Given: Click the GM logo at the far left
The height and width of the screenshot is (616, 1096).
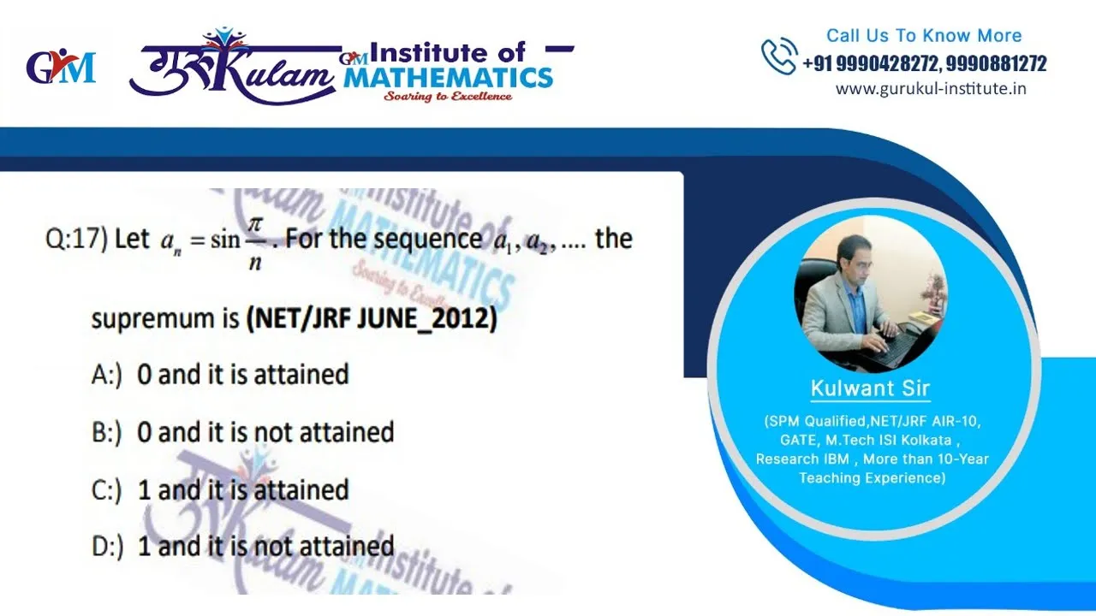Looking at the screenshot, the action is click(x=61, y=68).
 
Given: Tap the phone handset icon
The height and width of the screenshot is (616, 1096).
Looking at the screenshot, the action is click(x=779, y=56).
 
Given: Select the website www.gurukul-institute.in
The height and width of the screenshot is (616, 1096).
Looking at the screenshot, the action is click(x=931, y=89).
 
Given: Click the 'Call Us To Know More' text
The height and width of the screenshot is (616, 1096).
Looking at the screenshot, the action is click(x=924, y=36).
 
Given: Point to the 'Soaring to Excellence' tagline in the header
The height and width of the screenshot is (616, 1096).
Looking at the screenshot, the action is click(x=448, y=96).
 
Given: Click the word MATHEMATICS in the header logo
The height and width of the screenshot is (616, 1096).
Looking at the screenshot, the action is click(x=448, y=78).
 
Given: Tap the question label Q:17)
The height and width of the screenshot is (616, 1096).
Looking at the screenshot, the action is click(x=76, y=240).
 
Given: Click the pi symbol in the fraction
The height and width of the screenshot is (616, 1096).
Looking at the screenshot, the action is click(x=255, y=225).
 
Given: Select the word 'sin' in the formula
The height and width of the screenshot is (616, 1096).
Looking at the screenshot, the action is click(x=225, y=240).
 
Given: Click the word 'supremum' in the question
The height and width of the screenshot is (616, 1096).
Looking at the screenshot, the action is click(x=152, y=320).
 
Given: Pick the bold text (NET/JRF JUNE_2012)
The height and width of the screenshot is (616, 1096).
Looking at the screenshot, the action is click(x=372, y=319).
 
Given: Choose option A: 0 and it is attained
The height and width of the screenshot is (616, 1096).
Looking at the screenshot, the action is click(x=220, y=375).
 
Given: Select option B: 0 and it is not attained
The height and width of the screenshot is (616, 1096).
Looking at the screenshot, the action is click(x=242, y=433).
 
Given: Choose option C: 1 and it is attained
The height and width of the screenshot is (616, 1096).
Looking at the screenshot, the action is click(x=220, y=490).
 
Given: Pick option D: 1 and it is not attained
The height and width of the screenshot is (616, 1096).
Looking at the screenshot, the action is click(x=242, y=547).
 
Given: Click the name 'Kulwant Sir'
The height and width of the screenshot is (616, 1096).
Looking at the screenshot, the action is click(x=871, y=388).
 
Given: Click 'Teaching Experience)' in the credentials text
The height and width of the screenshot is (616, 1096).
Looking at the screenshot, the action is click(x=873, y=477).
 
